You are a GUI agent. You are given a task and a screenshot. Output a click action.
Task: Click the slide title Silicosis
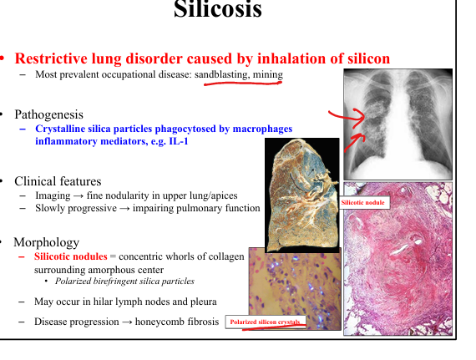218,9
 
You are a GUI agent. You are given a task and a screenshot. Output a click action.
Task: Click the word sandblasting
221,74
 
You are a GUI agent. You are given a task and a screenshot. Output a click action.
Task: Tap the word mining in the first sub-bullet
268,74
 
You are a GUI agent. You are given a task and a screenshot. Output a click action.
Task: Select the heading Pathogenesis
48,114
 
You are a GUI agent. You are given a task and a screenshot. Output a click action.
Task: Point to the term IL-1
179,141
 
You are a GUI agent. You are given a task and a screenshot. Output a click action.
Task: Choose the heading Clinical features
58,181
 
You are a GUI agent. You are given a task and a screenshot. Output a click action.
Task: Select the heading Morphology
47,242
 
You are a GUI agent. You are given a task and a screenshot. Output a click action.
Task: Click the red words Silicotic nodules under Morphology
71,256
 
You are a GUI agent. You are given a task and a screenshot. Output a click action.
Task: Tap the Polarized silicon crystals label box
266,322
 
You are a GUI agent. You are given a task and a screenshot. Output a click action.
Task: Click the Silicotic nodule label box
363,202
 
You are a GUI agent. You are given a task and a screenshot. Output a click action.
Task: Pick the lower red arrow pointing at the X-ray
354,142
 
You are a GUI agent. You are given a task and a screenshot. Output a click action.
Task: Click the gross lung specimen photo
302,195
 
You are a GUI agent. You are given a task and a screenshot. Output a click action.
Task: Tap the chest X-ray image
398,124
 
